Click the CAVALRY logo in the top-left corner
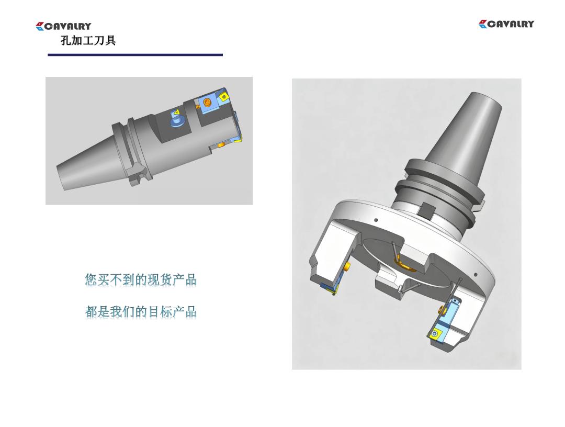pyautogui.click(x=63, y=26)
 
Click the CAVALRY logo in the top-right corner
pyautogui.click(x=506, y=24)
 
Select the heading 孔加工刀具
pyautogui.click(x=88, y=40)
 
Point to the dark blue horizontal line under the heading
pyautogui.click(x=135, y=55)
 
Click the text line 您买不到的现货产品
pyautogui.click(x=141, y=279)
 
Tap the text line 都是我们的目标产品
pyautogui.click(x=141, y=312)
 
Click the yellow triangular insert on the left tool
pyautogui.click(x=176, y=113)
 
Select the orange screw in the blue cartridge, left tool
pyautogui.click(x=207, y=103)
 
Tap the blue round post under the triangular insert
pyautogui.click(x=178, y=120)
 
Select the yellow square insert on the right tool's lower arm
pyautogui.click(x=435, y=333)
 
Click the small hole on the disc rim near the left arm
pyautogui.click(x=376, y=220)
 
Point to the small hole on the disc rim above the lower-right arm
pyautogui.click(x=476, y=275)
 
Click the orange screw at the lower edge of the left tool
pyautogui.click(x=221, y=144)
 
